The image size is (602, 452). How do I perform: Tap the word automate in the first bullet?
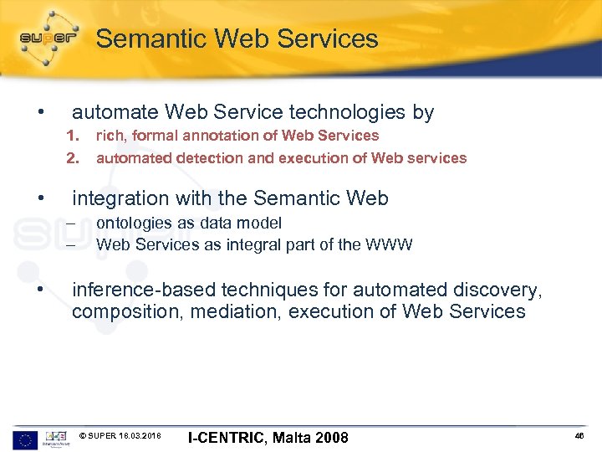coord(115,112)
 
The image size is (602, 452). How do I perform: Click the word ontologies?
coord(131,223)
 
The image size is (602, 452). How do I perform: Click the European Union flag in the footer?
coord(25,439)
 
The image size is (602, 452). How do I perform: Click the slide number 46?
coord(581,437)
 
